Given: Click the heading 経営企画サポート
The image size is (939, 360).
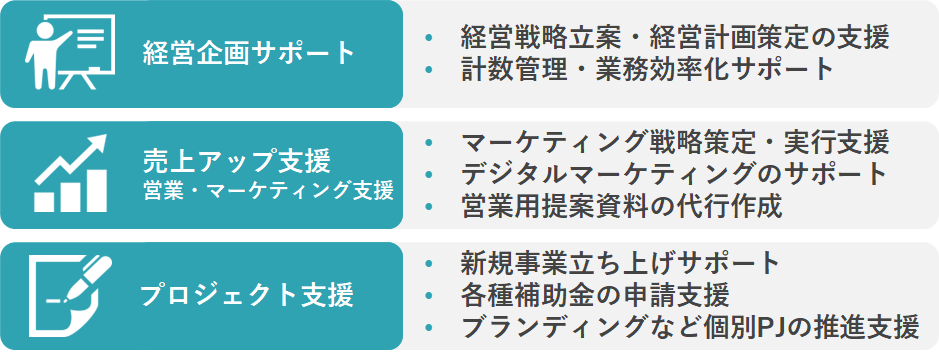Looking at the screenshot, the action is pos(249,53).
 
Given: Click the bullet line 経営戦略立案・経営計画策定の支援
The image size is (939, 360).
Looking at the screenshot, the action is pos(675,38).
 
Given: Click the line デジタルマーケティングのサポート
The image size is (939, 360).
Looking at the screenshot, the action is pos(674,173).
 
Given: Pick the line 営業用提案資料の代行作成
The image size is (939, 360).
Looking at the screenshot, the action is pos(621,206).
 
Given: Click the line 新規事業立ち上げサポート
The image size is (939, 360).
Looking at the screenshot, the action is pos(620,263).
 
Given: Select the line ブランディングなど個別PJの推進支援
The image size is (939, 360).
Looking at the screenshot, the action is pos(689,327).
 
